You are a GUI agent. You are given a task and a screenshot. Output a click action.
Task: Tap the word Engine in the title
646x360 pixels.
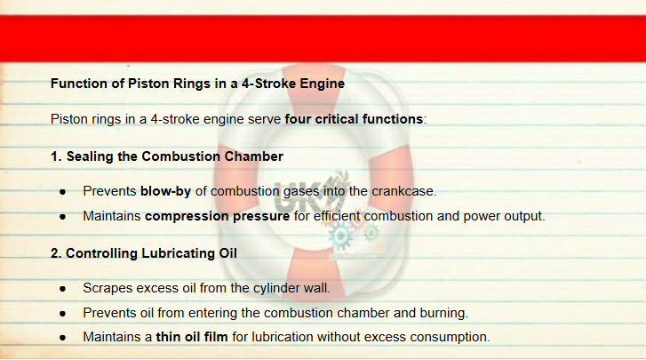tap(323, 84)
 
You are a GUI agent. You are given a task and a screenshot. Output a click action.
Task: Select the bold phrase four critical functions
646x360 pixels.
tap(354, 119)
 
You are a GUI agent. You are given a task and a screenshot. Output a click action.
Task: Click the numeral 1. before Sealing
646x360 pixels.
tap(56, 156)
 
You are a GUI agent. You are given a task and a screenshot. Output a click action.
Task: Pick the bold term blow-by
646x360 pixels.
tap(165, 191)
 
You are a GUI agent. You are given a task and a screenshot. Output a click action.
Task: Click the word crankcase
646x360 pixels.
tap(403, 191)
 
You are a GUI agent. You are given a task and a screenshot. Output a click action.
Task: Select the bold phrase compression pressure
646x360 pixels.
tap(217, 216)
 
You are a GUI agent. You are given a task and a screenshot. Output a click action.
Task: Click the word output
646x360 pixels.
tap(524, 216)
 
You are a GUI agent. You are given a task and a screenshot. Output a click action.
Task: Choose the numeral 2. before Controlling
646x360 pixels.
tap(56, 253)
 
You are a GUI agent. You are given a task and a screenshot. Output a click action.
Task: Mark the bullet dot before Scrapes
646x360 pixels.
tap(62, 289)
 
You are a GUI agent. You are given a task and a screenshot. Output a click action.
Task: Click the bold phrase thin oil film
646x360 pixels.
tap(192, 337)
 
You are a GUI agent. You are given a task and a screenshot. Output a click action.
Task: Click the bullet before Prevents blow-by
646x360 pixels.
tap(62, 192)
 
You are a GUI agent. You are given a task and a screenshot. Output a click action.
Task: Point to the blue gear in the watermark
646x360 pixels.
tap(340, 236)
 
